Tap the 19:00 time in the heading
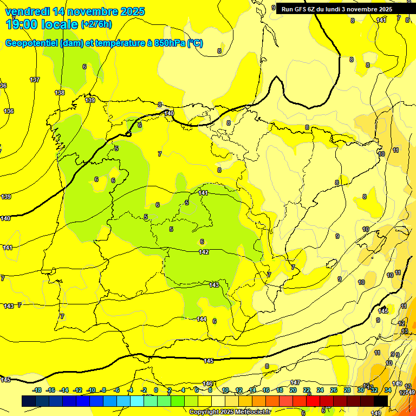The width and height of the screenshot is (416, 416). (x=23, y=24)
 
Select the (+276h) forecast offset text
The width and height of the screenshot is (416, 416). (x=96, y=24)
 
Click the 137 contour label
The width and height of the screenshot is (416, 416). (x=35, y=80)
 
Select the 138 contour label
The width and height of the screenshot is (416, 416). (x=60, y=93)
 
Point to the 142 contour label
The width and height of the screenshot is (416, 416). (x=204, y=252)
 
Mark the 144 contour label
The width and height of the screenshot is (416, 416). (x=201, y=319)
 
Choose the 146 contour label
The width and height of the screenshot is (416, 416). (x=207, y=383)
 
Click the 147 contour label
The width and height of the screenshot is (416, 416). (x=295, y=382)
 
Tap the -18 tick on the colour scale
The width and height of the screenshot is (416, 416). (x=37, y=390)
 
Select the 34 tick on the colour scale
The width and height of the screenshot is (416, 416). (x=388, y=390)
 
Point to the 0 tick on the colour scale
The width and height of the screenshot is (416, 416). (x=156, y=390)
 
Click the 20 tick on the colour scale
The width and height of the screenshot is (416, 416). (x=292, y=390)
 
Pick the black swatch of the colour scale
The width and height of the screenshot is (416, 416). (x=381, y=401)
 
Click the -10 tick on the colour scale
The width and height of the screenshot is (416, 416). (x=92, y=390)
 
